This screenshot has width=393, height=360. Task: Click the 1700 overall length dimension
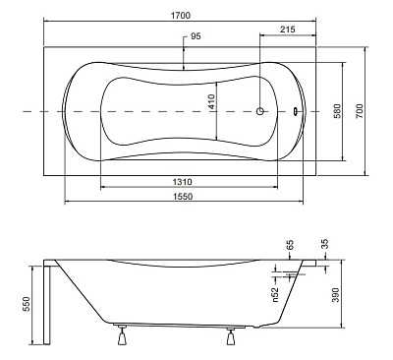click(x=181, y=16)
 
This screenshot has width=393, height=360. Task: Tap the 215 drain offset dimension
click(x=288, y=30)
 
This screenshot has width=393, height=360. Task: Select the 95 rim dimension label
click(x=196, y=36)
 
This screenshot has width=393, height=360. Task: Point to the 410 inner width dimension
click(x=211, y=101)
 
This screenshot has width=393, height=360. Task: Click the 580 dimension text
click(x=337, y=111)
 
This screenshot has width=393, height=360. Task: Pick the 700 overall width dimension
click(x=360, y=111)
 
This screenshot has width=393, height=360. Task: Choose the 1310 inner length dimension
click(x=183, y=182)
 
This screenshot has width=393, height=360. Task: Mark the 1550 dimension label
click(x=183, y=197)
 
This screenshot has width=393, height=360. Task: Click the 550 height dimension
click(x=27, y=304)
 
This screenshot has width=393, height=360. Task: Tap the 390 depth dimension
click(x=336, y=295)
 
